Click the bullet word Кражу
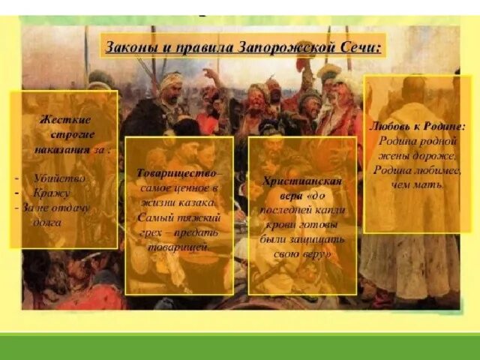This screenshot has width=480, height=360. (x=51, y=192)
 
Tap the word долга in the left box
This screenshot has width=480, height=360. (x=48, y=222)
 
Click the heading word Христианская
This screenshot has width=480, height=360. (x=301, y=181)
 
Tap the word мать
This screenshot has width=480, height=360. (x=433, y=184)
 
